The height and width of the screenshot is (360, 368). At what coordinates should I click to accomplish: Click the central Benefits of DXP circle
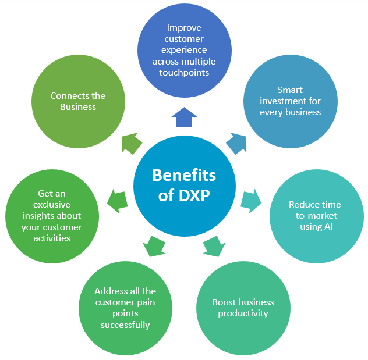point(184,185)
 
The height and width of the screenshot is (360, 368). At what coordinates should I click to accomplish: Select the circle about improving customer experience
point(184,50)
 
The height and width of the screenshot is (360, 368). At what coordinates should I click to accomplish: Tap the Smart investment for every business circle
point(290,101)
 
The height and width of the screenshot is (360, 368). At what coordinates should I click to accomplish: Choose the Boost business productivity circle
point(243,308)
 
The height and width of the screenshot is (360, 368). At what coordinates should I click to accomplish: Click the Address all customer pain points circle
point(125,308)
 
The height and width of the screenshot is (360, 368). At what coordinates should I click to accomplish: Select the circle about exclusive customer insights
point(52,216)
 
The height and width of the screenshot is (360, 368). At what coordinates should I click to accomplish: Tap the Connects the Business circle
point(78,101)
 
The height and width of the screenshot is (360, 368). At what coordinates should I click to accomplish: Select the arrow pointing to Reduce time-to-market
point(251,199)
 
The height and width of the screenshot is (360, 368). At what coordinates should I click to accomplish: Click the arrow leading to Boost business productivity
point(214,245)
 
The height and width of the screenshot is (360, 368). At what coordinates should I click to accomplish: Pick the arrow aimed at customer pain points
point(154,245)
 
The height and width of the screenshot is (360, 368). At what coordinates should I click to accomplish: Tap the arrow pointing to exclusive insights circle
point(118,201)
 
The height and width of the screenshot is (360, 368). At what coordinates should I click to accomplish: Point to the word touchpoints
point(184,73)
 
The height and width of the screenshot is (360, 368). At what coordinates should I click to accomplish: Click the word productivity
point(243,313)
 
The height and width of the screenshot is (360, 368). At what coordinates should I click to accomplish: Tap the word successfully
point(125,325)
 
